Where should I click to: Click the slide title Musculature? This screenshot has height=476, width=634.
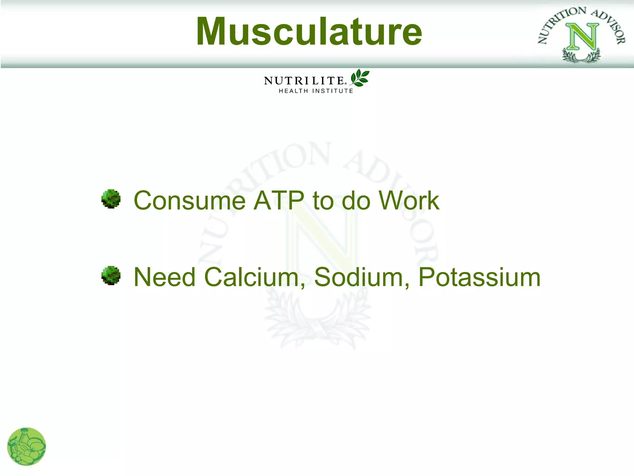[x=309, y=32]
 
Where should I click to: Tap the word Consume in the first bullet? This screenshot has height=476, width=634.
[x=189, y=201]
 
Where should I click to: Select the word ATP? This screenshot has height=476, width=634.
[x=279, y=201]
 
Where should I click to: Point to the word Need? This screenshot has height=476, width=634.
[x=164, y=277]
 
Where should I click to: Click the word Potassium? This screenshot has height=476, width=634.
[x=479, y=277]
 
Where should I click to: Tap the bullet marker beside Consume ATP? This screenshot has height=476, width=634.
[x=111, y=199]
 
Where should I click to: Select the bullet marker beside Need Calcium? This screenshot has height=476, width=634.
[x=111, y=275]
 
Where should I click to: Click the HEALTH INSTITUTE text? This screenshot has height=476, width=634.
[x=316, y=91]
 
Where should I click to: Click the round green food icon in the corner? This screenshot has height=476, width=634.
[x=27, y=447]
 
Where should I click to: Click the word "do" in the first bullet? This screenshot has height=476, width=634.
[x=356, y=201]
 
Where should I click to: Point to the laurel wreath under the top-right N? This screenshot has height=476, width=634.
[x=581, y=56]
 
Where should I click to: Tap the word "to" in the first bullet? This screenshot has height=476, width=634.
[x=323, y=201]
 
